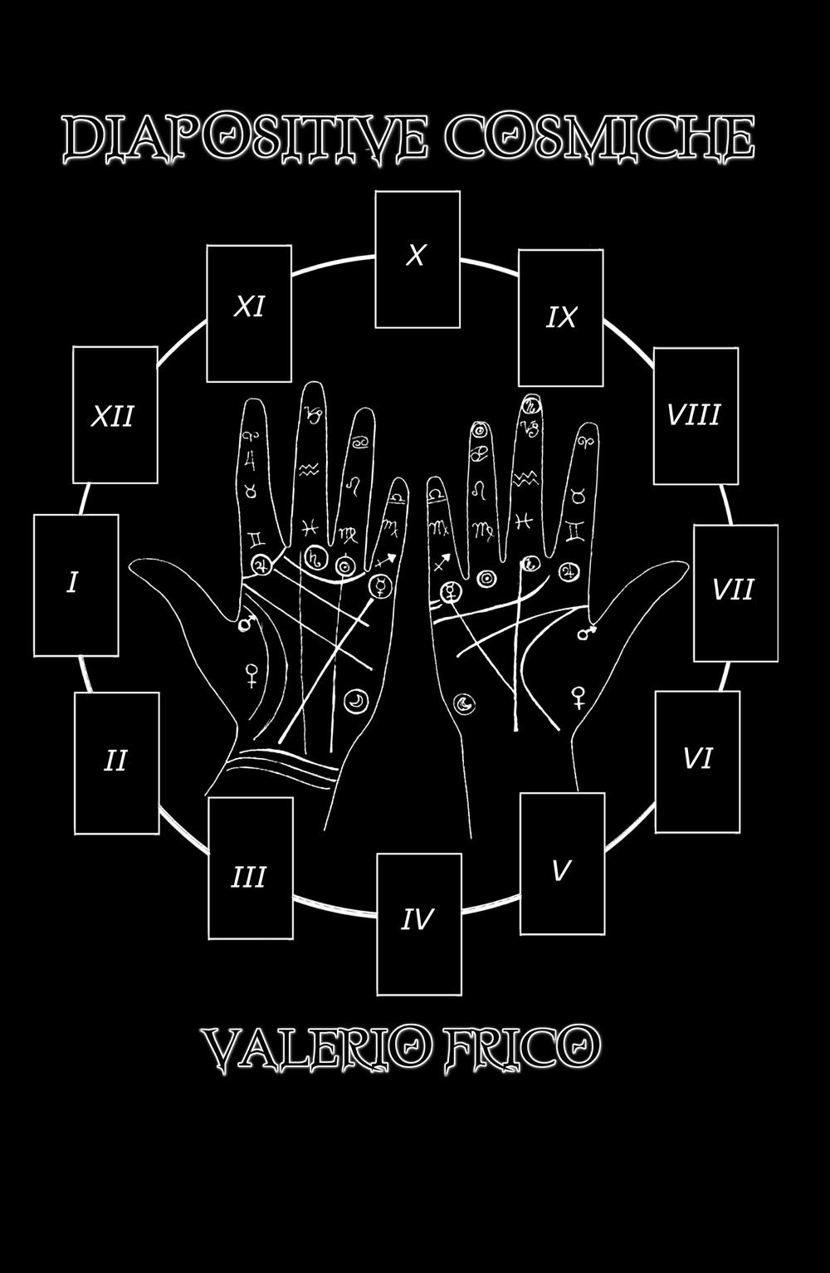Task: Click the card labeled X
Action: click(417, 259)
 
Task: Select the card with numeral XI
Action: click(249, 313)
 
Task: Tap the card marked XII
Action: click(115, 414)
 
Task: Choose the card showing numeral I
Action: click(76, 585)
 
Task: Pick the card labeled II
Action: click(116, 762)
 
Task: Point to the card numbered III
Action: click(250, 867)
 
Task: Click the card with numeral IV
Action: click(418, 923)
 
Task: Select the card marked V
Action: click(562, 863)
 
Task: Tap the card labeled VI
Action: click(697, 761)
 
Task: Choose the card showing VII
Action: click(735, 592)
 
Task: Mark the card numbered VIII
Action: click(696, 415)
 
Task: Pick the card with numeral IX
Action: click(561, 317)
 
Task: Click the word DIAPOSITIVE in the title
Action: click(246, 138)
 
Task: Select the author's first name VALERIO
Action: click(316, 1049)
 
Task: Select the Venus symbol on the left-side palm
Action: click(250, 675)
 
